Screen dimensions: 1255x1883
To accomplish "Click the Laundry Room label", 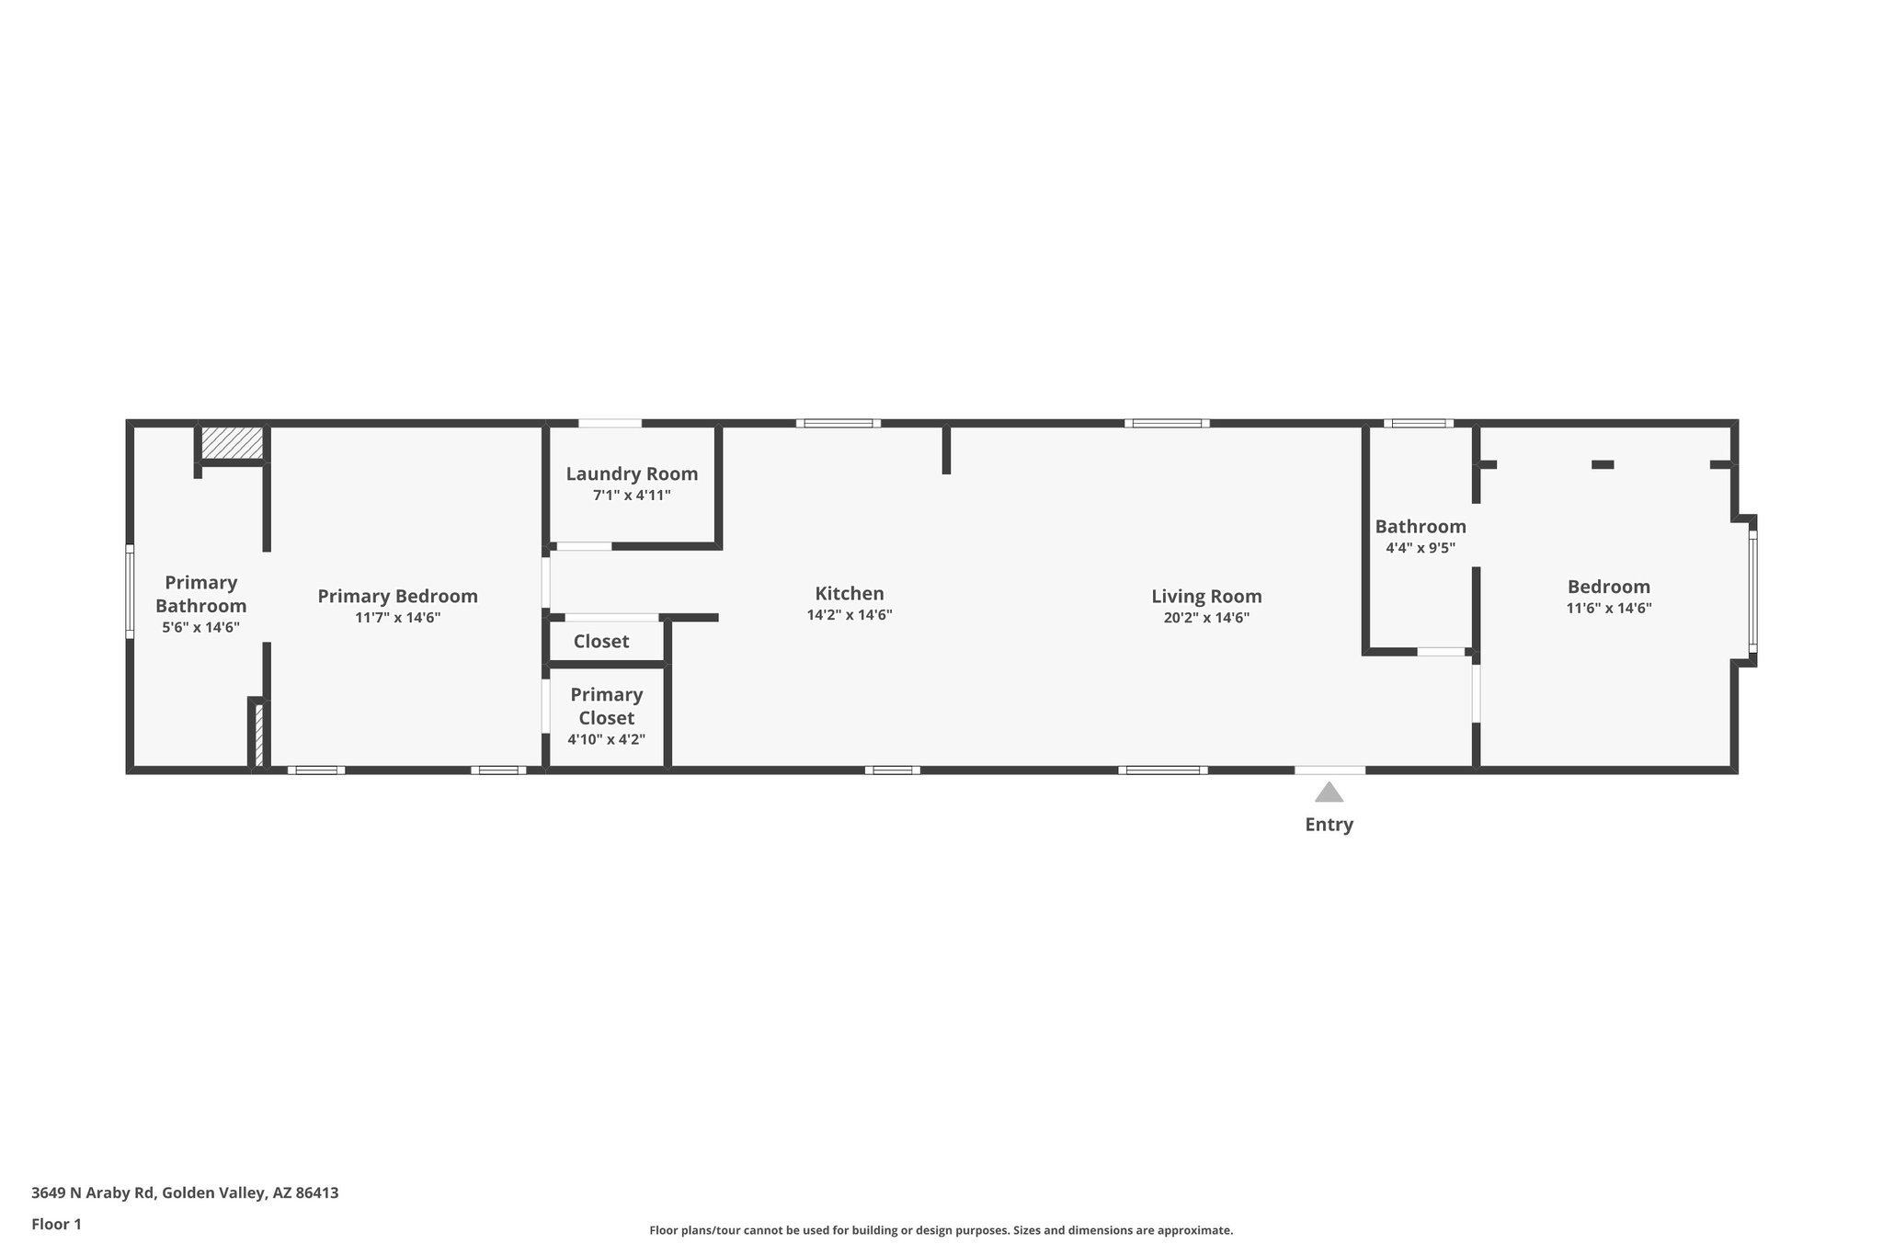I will pyautogui.click(x=632, y=474).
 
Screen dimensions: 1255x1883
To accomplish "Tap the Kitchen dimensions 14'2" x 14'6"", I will pyautogui.click(x=850, y=615).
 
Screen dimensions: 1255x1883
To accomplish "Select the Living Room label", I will pyautogui.click(x=1206, y=596).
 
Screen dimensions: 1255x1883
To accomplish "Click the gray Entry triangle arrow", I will pyautogui.click(x=1329, y=793).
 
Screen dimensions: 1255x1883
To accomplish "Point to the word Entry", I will pyautogui.click(x=1329, y=825).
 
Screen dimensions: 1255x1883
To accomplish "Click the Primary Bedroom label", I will pyautogui.click(x=397, y=596).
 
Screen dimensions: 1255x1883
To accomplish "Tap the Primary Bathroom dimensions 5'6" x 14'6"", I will pyautogui.click(x=200, y=628).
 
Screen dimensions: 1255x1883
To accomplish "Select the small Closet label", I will pyautogui.click(x=601, y=642).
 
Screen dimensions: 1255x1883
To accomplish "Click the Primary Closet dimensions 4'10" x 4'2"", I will pyautogui.click(x=606, y=739).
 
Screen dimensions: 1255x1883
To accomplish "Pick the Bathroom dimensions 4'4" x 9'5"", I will pyautogui.click(x=1421, y=548).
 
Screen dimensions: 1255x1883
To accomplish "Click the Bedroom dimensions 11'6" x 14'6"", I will pyautogui.click(x=1609, y=608).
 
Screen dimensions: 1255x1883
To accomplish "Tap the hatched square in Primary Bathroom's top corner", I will pyautogui.click(x=232, y=442).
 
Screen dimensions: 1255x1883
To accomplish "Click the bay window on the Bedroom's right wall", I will pyautogui.click(x=1752, y=591).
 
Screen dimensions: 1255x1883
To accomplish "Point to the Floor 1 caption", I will pyautogui.click(x=57, y=1225).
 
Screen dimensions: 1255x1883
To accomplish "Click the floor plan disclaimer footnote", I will pyautogui.click(x=941, y=1230).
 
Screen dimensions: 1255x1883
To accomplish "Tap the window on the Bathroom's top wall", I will pyautogui.click(x=1418, y=424).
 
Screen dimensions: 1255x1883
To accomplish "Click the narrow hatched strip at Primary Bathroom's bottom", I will pyautogui.click(x=258, y=734).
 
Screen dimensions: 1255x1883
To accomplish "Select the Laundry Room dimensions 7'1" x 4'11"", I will pyautogui.click(x=632, y=496).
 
